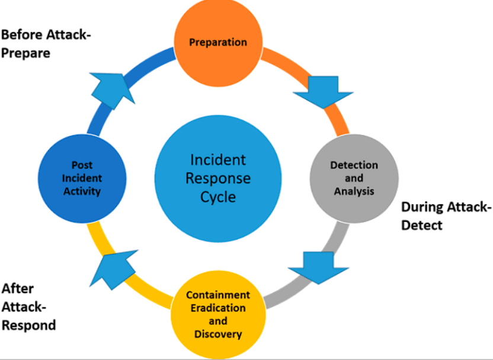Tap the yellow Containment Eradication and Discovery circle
coord(217,314)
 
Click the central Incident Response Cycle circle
coord(217,178)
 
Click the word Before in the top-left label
coord(20,34)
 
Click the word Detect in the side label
coord(421,225)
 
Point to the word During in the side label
coord(422,207)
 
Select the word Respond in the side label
coord(28,325)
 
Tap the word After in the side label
coord(17,288)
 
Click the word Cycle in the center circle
coord(217,197)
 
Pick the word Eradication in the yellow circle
coord(217,308)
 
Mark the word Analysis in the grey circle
coord(354,191)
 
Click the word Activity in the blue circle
coord(82,191)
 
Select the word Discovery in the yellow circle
coord(217,334)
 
